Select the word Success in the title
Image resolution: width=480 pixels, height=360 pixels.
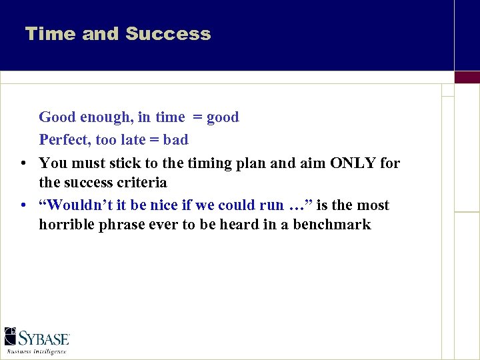(x=168, y=34)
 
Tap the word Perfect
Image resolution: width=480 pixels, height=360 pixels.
(x=65, y=140)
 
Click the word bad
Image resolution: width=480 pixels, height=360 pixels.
(x=176, y=140)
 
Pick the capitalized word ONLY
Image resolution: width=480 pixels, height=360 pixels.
(x=353, y=163)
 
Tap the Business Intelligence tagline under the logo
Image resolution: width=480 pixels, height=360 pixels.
(x=37, y=351)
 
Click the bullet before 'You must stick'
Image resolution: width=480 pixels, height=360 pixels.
(x=23, y=163)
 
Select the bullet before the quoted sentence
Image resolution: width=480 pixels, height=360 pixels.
(x=23, y=206)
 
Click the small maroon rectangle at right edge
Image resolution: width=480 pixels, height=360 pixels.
(x=467, y=77)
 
